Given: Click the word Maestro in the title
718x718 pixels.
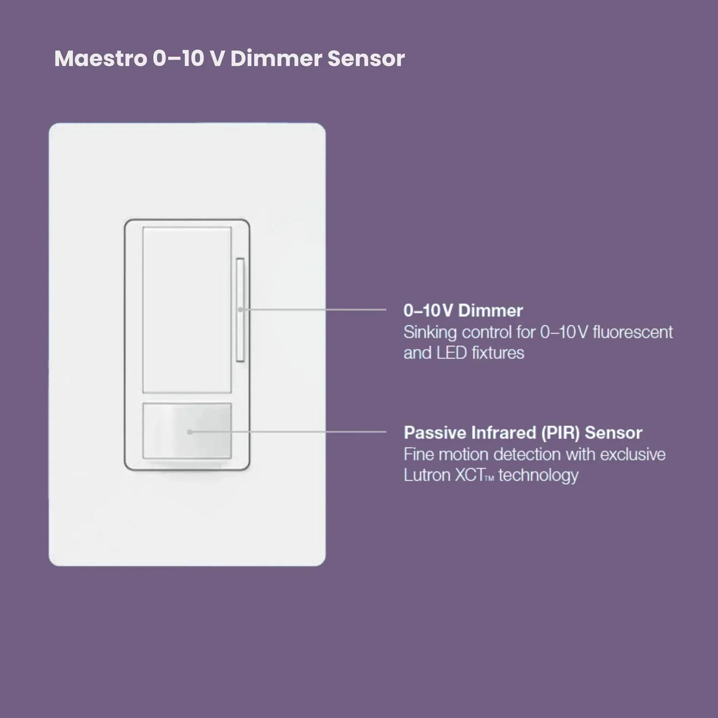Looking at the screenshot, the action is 101,59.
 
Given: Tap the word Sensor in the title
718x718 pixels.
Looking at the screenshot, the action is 366,59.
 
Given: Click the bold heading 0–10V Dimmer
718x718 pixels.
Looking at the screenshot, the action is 463,311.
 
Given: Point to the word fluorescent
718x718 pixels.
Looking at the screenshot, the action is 632,332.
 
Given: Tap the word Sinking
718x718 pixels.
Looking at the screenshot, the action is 430,333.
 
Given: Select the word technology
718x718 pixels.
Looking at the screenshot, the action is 538,476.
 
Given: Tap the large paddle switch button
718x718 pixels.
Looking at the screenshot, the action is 187,309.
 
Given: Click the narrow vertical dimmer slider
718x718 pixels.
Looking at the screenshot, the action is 241,309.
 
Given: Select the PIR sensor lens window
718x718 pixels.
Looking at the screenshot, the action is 187,431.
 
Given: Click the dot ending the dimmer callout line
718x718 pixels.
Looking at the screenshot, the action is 241,309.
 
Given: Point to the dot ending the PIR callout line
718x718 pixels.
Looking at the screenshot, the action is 190,432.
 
